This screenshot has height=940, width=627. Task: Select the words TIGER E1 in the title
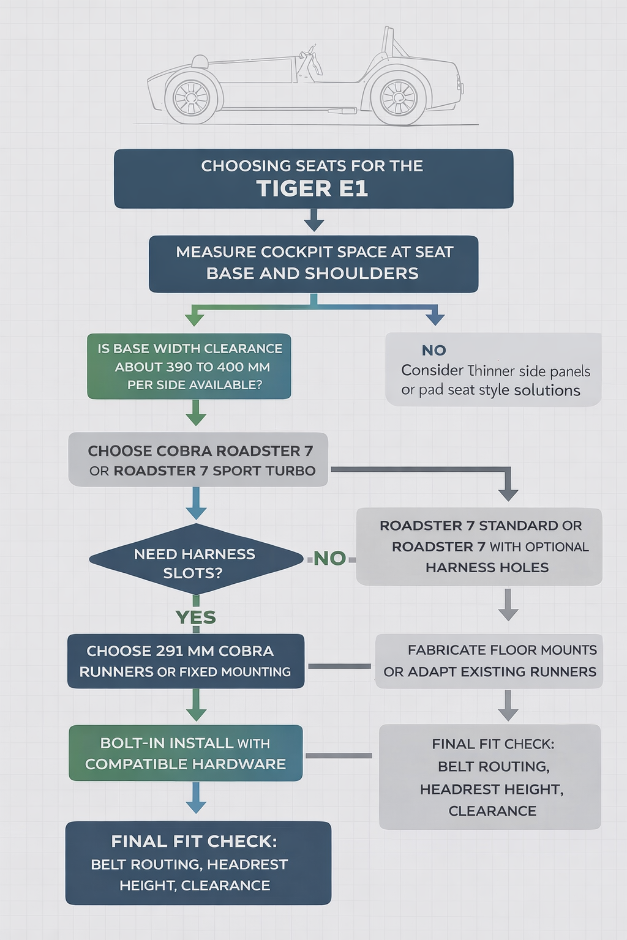(312, 188)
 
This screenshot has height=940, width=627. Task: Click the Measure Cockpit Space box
(313, 263)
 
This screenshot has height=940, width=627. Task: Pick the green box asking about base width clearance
(189, 366)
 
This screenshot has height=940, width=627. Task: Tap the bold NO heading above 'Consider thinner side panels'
(434, 351)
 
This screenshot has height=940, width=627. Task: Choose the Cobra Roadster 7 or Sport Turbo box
(198, 460)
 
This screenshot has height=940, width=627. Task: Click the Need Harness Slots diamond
(196, 559)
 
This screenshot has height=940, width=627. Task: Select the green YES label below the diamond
(196, 617)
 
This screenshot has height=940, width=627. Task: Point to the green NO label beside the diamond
(329, 558)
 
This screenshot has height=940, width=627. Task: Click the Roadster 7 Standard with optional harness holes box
(479, 546)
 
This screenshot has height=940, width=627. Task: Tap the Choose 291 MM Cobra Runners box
(186, 661)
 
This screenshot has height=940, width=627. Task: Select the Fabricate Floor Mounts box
(489, 661)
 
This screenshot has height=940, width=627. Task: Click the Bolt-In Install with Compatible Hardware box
(186, 753)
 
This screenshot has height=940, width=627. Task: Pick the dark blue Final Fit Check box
(198, 863)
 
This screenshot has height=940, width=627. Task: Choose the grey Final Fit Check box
(490, 777)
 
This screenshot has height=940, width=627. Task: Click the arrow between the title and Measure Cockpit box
(313, 221)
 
